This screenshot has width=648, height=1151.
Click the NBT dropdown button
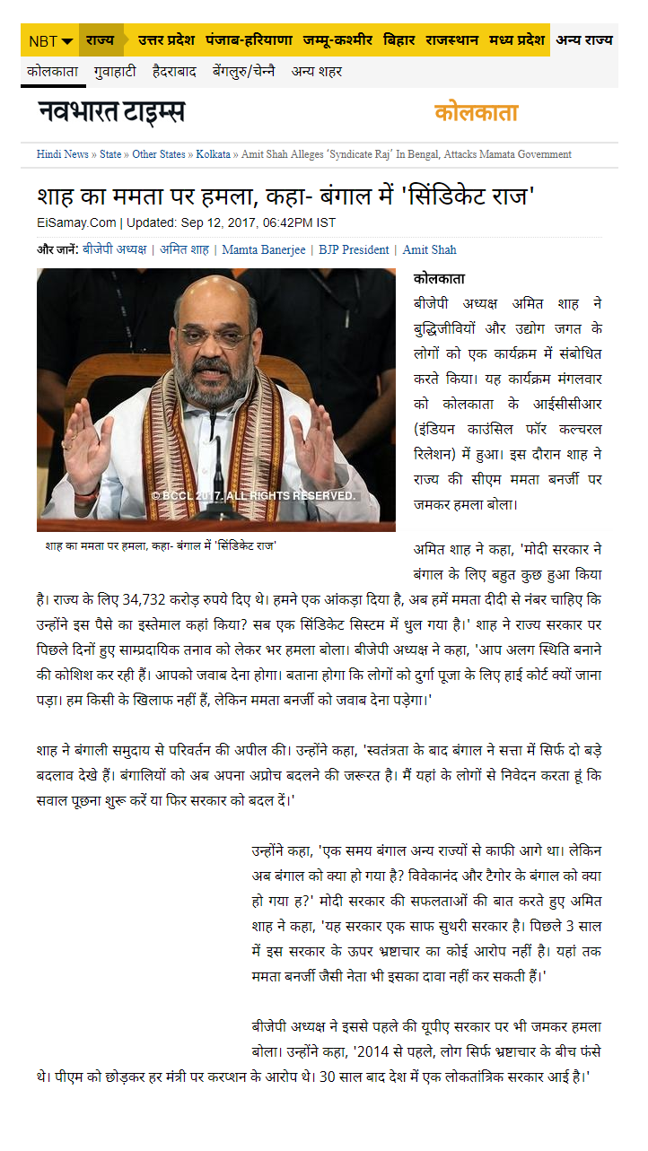pyautogui.click(x=50, y=41)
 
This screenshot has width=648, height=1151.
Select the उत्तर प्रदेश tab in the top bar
pyautogui.click(x=168, y=40)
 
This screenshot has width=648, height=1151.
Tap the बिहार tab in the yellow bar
pyautogui.click(x=399, y=40)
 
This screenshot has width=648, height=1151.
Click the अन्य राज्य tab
pyautogui.click(x=584, y=40)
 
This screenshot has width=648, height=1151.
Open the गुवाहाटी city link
pyautogui.click(x=116, y=71)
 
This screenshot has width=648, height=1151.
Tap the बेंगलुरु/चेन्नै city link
pyautogui.click(x=243, y=71)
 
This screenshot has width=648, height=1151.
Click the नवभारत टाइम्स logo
pyautogui.click(x=111, y=113)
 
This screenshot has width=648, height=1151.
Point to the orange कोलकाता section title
pyautogui.click(x=476, y=113)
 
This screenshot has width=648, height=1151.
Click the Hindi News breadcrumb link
pyautogui.click(x=62, y=154)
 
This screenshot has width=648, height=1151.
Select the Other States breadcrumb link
pyautogui.click(x=159, y=154)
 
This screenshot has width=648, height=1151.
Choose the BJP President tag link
pyautogui.click(x=354, y=249)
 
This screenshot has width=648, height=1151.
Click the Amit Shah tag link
pyautogui.click(x=429, y=249)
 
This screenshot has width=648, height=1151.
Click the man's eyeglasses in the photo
pyautogui.click(x=215, y=336)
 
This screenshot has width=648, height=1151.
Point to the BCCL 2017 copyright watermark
pyautogui.click(x=253, y=495)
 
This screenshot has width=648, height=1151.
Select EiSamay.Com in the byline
pyautogui.click(x=77, y=222)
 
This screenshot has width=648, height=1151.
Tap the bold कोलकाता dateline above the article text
pyautogui.click(x=439, y=279)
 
